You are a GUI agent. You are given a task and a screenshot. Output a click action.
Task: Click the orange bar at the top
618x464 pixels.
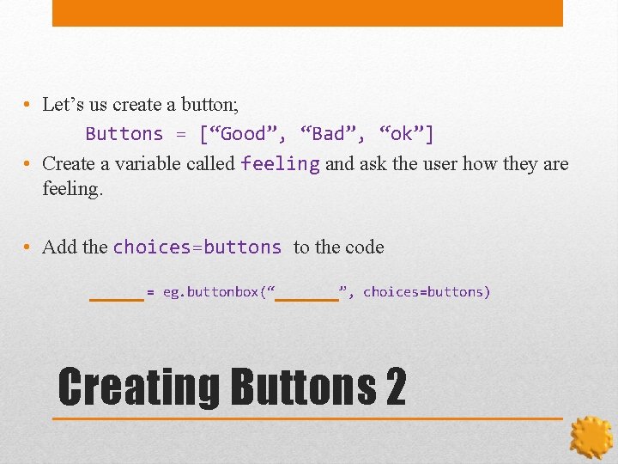[307, 13]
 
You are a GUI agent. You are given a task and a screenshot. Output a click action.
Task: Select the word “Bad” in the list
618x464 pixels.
[327, 134]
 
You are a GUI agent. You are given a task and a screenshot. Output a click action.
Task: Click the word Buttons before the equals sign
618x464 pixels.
[124, 134]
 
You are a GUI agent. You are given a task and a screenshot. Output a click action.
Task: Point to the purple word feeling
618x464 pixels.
[280, 163]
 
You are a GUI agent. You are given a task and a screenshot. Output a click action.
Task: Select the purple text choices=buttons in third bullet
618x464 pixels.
[197, 247]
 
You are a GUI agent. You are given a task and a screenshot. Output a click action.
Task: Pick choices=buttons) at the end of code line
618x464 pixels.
[427, 292]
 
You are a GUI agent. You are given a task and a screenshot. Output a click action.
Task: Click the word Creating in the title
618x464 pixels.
[138, 388]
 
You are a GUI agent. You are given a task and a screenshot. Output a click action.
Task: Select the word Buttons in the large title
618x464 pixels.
[302, 388]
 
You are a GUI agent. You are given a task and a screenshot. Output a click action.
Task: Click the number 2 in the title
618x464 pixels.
[396, 388]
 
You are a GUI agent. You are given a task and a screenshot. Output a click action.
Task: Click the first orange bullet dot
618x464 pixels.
[28, 105]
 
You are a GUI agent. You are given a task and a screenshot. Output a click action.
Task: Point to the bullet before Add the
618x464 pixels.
[28, 247]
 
